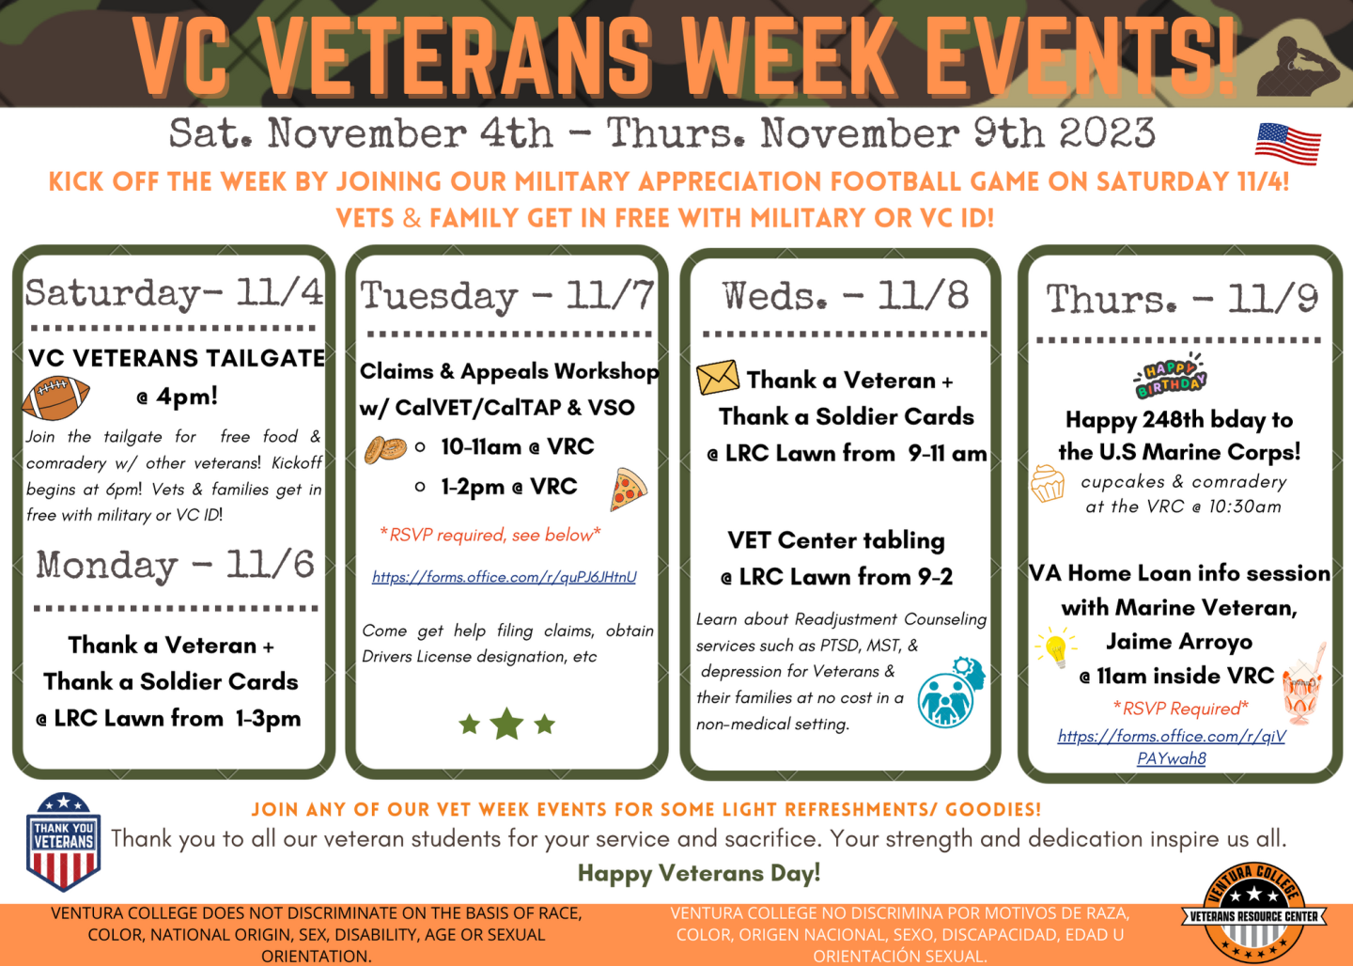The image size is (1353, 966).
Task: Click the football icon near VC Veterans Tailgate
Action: click(56, 397)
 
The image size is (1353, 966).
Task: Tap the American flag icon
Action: click(1287, 144)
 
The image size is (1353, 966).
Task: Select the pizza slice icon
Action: click(628, 490)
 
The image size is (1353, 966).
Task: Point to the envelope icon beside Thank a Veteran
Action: click(718, 378)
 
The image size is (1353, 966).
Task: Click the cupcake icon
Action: click(1048, 484)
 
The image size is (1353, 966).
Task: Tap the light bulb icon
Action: click(1055, 648)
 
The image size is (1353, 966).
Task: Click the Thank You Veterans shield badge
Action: click(63, 841)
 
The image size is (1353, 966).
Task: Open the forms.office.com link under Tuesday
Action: click(504, 577)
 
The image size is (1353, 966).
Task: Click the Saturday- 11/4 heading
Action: click(174, 292)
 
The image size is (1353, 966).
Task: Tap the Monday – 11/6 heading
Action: click(175, 565)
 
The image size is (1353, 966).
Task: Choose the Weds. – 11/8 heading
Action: click(845, 296)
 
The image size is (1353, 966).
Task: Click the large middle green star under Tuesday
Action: click(506, 723)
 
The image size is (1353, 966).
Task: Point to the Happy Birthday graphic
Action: click(1171, 376)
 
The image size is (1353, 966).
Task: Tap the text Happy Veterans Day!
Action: click(698, 873)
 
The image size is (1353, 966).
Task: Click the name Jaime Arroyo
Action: click(1178, 642)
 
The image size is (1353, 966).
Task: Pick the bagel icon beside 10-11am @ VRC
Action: click(385, 449)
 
